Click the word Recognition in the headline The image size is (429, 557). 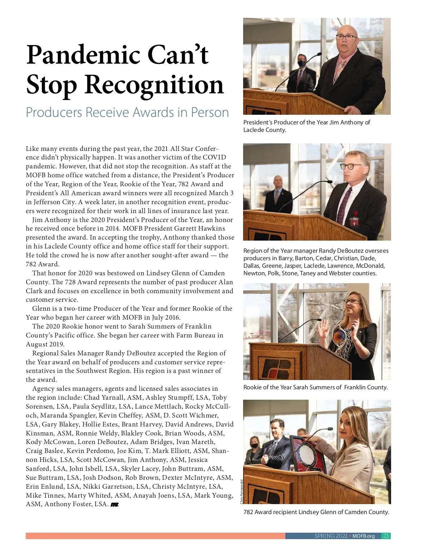pos(154,85)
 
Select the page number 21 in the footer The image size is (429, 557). pos(386,536)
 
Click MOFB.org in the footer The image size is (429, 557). pos(364,536)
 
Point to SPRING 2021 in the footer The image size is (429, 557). pos(331,536)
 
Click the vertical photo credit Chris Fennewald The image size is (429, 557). pos(242,492)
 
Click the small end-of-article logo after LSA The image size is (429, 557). pos(114,505)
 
